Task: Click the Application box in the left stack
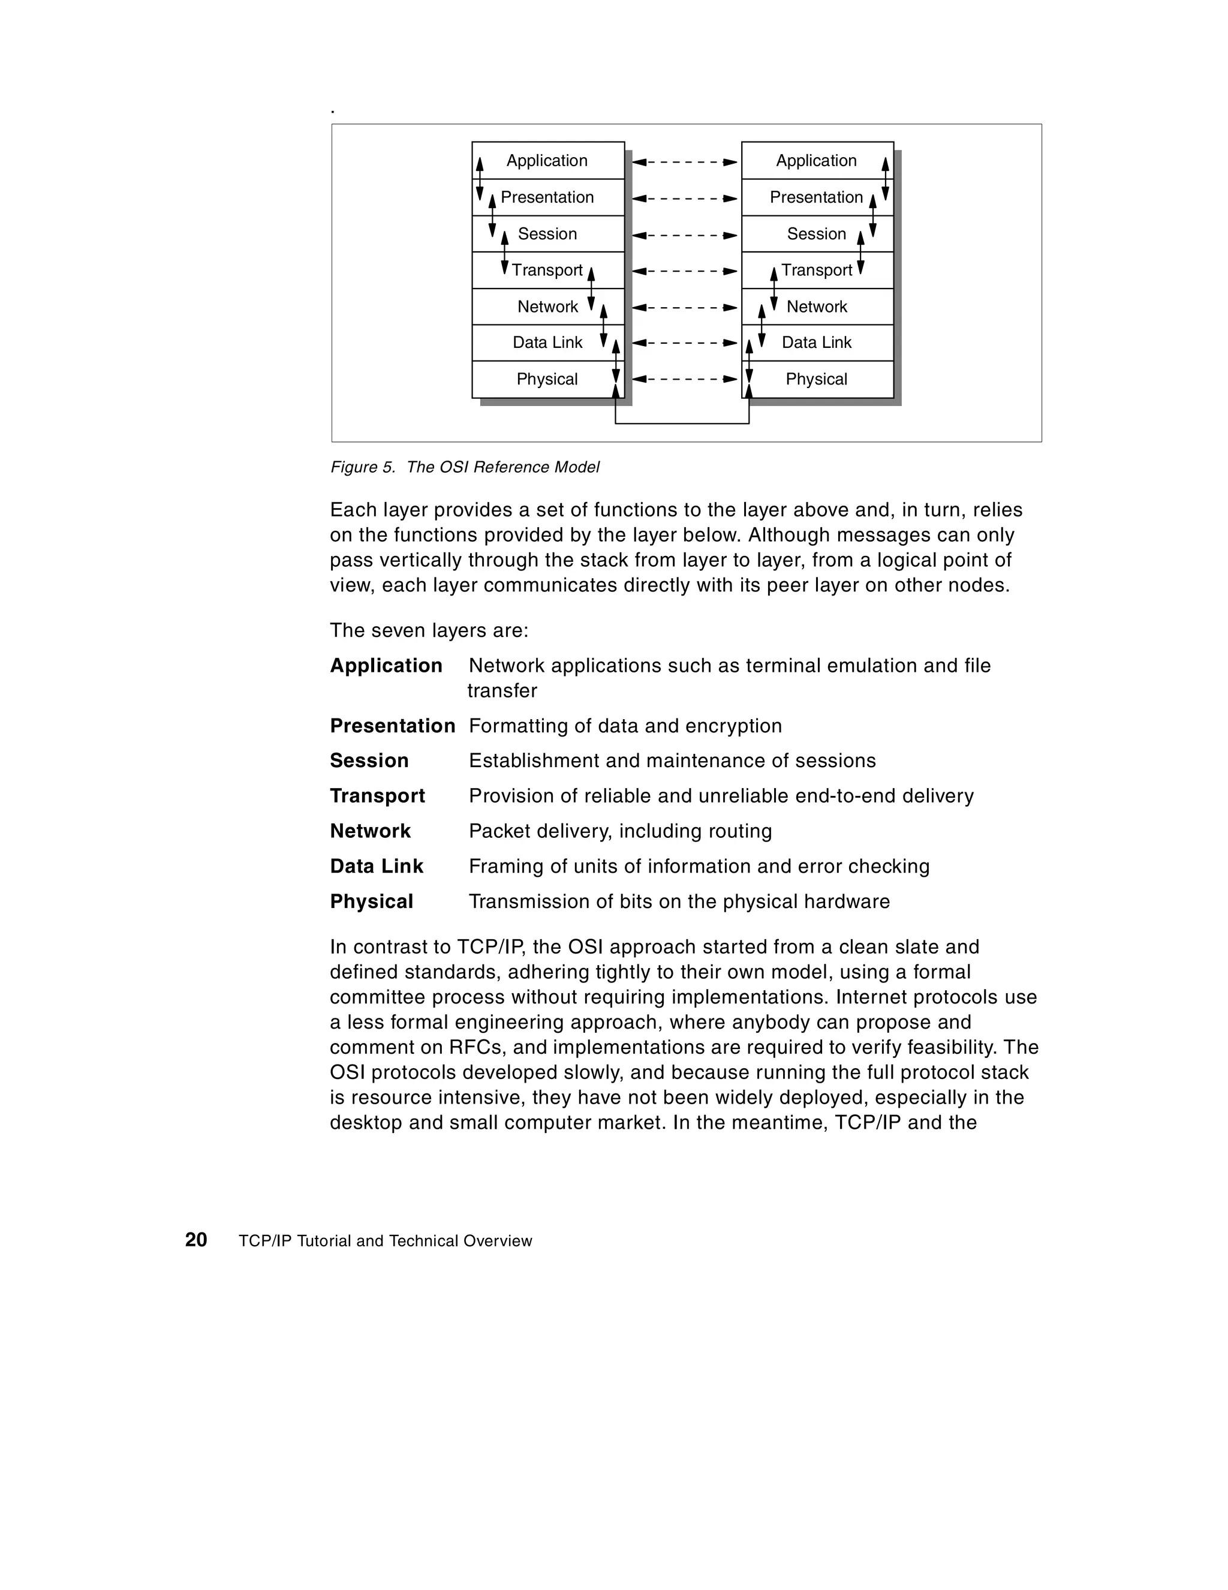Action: point(547,160)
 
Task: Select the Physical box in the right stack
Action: point(816,379)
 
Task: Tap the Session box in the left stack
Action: point(547,234)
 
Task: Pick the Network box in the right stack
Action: point(816,306)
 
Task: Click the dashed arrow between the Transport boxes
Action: point(684,272)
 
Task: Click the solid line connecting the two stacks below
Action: point(682,423)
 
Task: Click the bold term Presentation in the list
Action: point(392,726)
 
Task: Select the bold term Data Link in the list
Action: point(377,866)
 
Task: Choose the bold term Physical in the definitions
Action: point(371,901)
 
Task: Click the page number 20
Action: point(196,1240)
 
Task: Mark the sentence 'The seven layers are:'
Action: point(429,630)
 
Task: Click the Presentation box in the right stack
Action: point(816,197)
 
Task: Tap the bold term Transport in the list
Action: point(377,796)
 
